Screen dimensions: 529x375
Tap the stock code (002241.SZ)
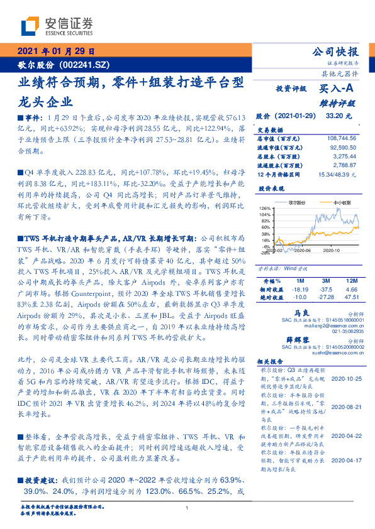coord(86,65)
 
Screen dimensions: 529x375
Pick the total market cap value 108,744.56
coord(338,138)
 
